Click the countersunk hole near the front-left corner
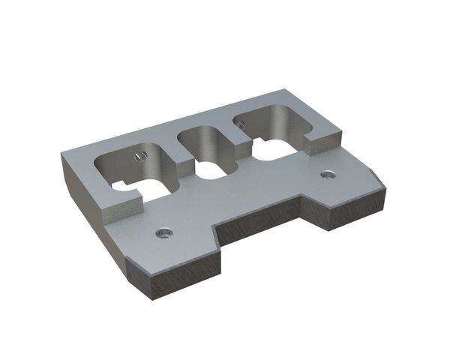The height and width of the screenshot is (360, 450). [161, 232]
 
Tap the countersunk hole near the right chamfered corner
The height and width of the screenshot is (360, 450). [326, 175]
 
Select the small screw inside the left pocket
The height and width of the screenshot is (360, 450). [137, 156]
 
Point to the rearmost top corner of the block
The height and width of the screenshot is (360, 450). [283, 89]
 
